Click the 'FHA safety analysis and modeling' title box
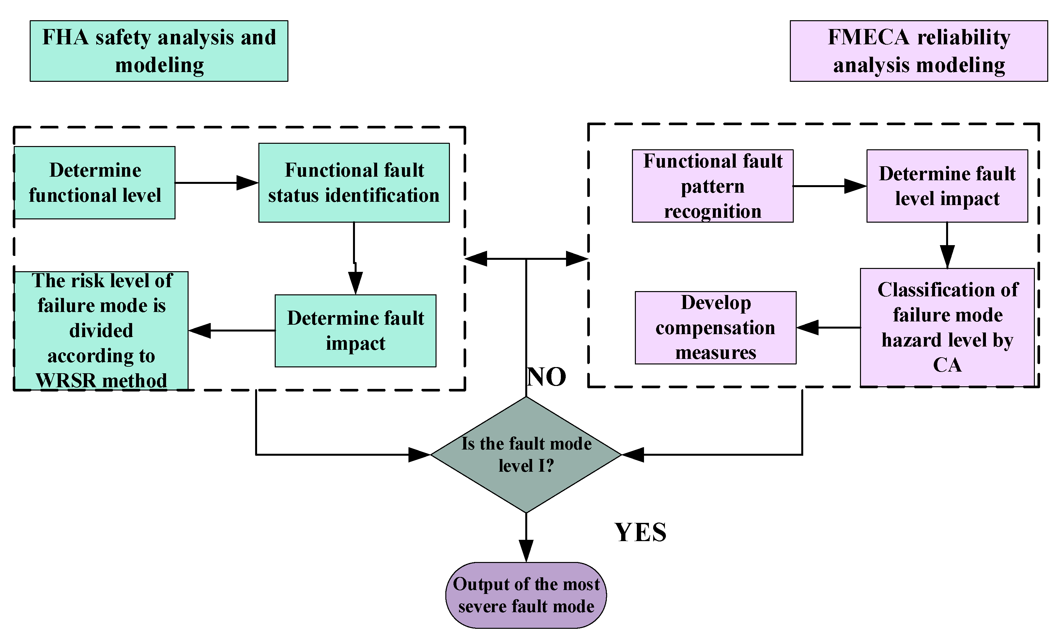[159, 51]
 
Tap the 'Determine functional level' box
[95, 183]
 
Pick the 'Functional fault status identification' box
[354, 183]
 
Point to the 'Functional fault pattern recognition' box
[712, 186]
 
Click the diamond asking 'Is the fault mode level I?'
[526, 454]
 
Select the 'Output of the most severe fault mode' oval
[526, 595]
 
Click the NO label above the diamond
[546, 377]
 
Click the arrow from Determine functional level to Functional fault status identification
[216, 183]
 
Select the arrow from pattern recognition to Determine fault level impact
[829, 186]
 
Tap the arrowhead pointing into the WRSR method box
[200, 330]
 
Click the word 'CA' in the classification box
[947, 365]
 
